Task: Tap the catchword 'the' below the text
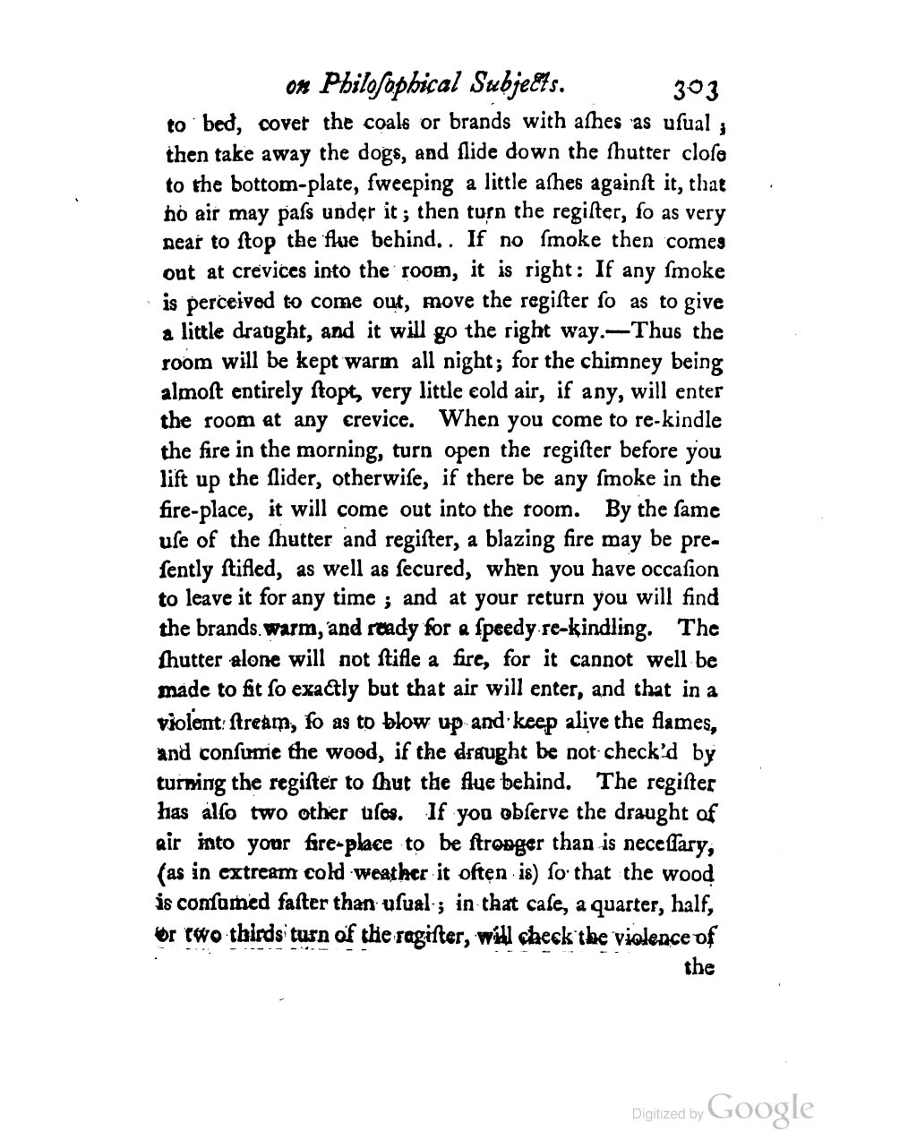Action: tap(698, 967)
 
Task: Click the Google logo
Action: tap(759, 1109)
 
